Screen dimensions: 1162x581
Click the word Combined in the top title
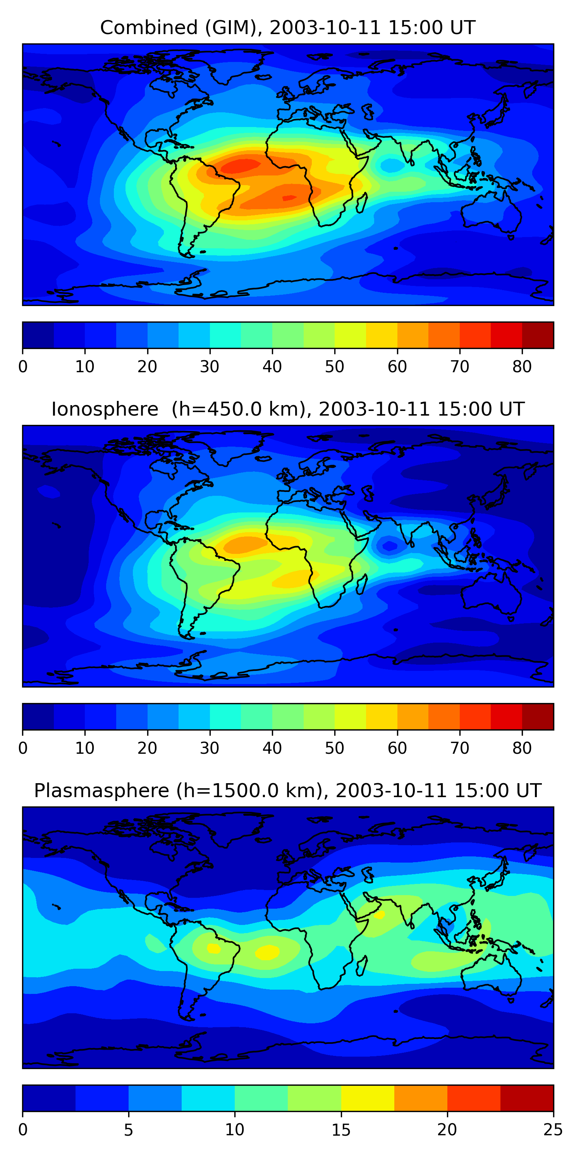click(x=149, y=28)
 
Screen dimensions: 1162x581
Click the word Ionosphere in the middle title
click(x=105, y=409)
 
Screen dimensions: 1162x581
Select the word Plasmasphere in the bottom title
click(x=101, y=791)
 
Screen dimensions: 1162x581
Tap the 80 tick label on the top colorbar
click(x=522, y=367)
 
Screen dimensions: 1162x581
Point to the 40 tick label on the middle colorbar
click(x=272, y=748)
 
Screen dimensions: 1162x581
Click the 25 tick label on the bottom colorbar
click(x=553, y=1129)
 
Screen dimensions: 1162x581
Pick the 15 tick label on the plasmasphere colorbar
click(x=341, y=1129)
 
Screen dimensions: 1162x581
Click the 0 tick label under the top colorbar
click(x=23, y=367)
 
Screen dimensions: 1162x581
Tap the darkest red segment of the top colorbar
click(x=538, y=335)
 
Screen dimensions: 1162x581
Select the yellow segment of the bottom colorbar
click(x=368, y=1098)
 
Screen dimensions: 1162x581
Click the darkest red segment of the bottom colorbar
click(x=527, y=1098)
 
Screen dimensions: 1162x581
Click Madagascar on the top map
click(x=361, y=203)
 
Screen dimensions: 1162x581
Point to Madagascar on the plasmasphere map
click(x=361, y=966)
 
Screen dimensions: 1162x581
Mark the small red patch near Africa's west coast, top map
click(x=289, y=197)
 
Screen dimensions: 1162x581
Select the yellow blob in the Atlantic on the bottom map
click(x=268, y=952)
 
